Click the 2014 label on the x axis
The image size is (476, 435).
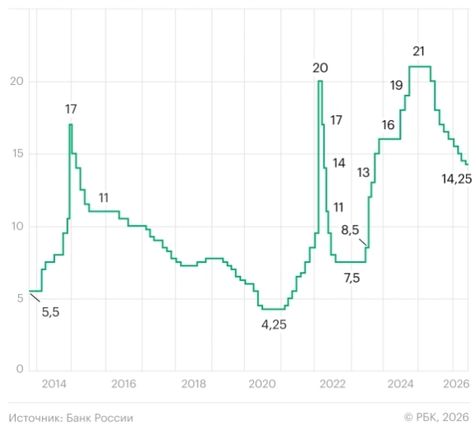54,384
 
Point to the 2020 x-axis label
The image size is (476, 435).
262,384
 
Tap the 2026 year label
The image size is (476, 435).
456,384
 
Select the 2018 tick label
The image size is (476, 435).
193,384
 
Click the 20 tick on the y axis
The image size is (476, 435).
16,82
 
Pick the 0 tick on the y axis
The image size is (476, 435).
20,369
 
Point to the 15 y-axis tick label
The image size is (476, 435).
17,153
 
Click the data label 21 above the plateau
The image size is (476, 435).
418,51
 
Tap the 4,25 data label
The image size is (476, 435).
274,325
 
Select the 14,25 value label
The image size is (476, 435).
456,179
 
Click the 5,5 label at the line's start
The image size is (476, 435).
50,312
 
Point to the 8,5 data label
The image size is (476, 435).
350,230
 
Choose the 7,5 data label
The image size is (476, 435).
351,278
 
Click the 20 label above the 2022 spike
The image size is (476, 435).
320,68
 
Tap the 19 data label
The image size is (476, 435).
397,86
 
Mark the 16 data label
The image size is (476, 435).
388,125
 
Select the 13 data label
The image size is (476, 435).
363,173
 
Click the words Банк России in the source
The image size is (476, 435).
100,418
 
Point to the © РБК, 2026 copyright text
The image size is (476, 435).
436,418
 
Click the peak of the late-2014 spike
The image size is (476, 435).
70,124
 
